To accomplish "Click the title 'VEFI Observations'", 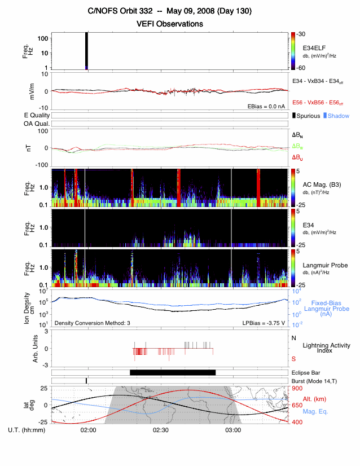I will (170, 24).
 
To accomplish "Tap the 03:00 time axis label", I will (233, 430).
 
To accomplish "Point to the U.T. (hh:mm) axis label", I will (28, 430).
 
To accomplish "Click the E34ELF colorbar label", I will (314, 46).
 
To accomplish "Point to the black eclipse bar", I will (173, 372).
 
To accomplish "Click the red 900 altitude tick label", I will (297, 388).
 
